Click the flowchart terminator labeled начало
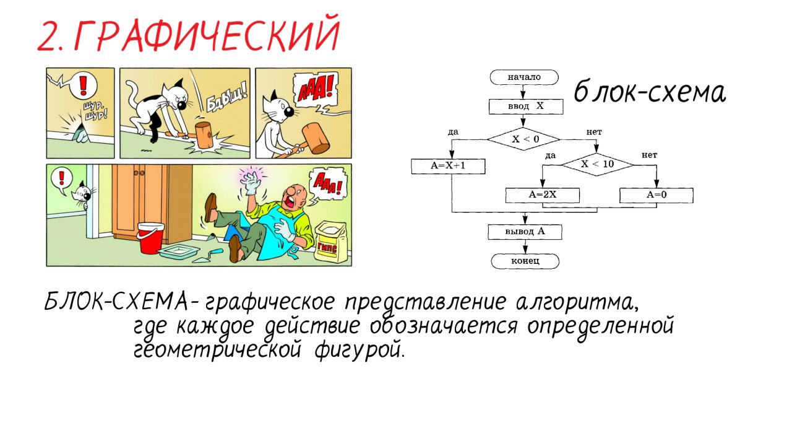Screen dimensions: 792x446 pos(523,77)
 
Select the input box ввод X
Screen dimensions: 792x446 pos(525,107)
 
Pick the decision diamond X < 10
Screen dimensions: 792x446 pos(596,164)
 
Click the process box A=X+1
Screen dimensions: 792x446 pos(448,167)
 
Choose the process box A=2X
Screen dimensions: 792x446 pos(543,195)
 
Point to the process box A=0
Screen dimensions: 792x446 pos(656,195)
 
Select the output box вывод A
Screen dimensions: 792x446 pos(525,232)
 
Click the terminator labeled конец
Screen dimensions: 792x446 pos(525,261)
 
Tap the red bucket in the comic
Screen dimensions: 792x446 pos(150,238)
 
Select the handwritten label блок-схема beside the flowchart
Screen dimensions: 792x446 pos(648,93)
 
